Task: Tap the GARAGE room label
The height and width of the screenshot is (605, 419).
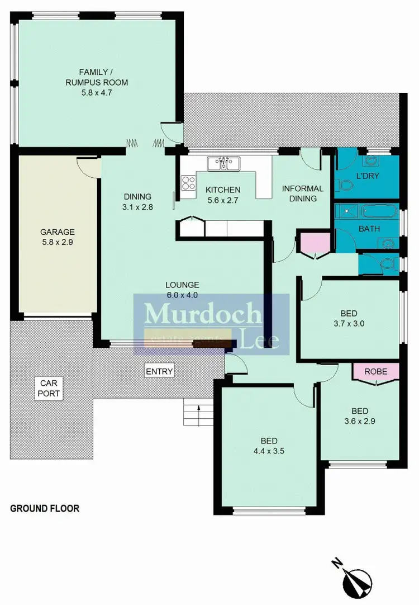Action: pos(57,232)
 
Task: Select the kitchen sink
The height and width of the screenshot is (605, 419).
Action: pos(223,163)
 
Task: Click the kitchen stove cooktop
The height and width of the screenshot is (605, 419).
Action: pos(189,183)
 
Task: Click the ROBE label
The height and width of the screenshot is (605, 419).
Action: pos(376,371)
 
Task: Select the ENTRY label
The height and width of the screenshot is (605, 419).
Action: pos(159,371)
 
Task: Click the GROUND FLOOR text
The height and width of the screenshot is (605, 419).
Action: pos(45,509)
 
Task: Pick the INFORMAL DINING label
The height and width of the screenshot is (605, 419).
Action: pos(302,193)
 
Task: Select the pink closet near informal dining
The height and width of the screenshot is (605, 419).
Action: pos(315,244)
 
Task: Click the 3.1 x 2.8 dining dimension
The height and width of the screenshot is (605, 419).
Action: pos(137,206)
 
